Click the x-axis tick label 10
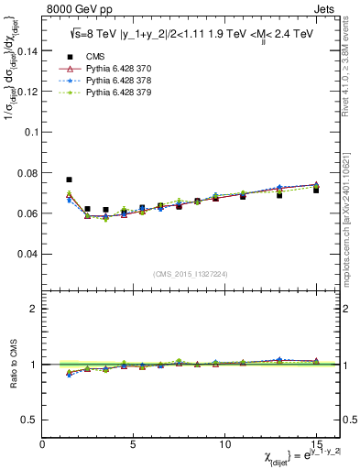(224, 444)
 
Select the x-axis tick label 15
(316, 444)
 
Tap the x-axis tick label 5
(134, 444)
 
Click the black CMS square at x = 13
(279, 195)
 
